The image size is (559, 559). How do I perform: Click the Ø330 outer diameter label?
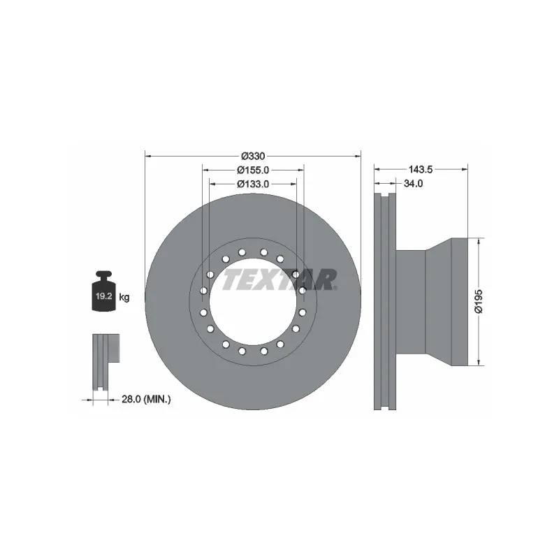[252, 155]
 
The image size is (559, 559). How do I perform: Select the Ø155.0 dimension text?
[252, 170]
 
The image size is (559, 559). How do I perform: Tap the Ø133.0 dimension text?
[252, 184]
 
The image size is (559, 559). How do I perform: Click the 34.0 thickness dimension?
[414, 184]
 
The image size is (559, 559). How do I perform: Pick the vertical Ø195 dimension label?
[479, 300]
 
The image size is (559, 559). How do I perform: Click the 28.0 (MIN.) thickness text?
[147, 399]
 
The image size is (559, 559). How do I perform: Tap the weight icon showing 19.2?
[104, 294]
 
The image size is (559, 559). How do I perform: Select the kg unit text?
[124, 298]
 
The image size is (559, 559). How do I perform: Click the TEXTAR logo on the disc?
[279, 279]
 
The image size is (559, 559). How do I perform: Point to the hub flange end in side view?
[458, 300]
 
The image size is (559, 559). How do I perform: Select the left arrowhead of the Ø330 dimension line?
[147, 155]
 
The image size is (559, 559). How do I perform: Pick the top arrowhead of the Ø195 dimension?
[479, 241]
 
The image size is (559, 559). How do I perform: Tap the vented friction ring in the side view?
[385, 300]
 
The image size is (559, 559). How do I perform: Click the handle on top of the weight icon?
[104, 274]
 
